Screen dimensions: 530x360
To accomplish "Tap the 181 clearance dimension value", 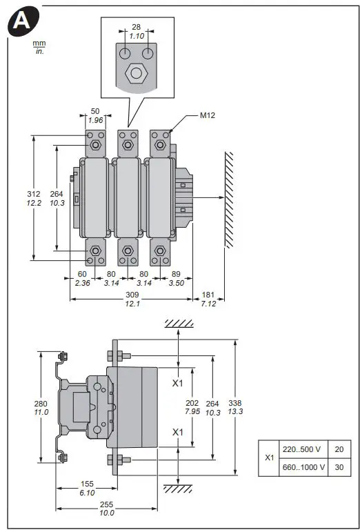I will pyautogui.click(x=209, y=294).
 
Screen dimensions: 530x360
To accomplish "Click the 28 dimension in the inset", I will pyautogui.click(x=136, y=26).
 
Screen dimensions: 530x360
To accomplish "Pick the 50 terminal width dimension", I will pyautogui.click(x=95, y=110).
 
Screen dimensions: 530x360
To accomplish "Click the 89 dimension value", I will pyautogui.click(x=176, y=274).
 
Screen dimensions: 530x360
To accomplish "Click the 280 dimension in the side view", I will pyautogui.click(x=41, y=404).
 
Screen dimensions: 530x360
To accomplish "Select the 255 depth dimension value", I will pyautogui.click(x=107, y=504).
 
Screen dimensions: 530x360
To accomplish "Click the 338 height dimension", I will pyautogui.click(x=236, y=403).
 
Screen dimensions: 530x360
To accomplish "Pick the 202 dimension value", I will pyautogui.click(x=192, y=403).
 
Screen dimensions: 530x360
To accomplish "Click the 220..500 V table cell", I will pyautogui.click(x=303, y=449).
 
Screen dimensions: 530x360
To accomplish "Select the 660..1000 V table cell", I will pyautogui.click(x=303, y=467).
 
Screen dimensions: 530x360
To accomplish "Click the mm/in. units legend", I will pyautogui.click(x=39, y=47).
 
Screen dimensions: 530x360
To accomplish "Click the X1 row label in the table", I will pyautogui.click(x=269, y=458).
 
